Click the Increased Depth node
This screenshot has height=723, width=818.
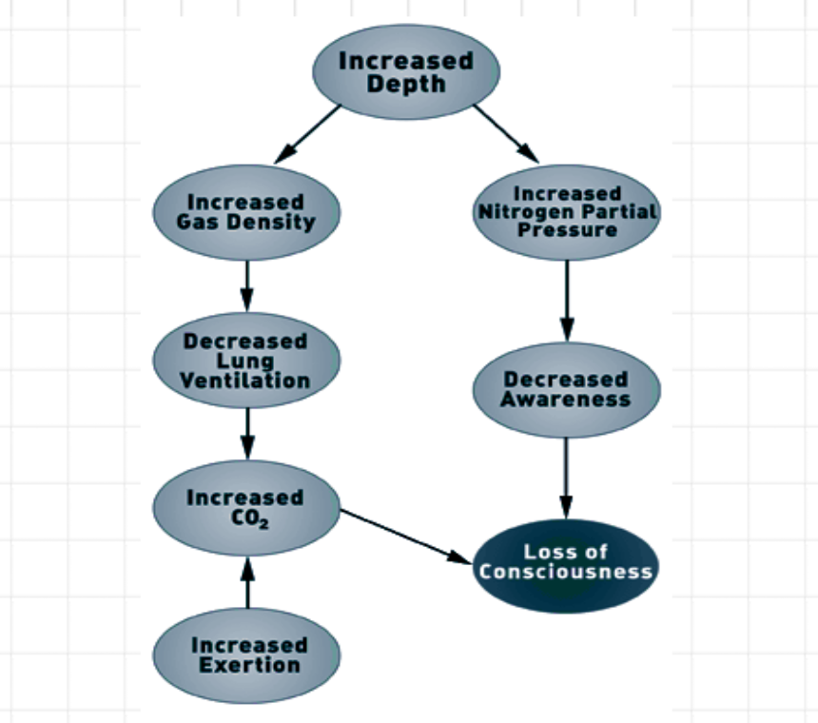[x=406, y=72]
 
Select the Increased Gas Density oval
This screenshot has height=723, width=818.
[x=246, y=211]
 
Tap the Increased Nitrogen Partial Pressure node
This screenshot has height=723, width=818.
[x=566, y=211]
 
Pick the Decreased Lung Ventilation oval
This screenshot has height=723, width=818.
[x=246, y=360]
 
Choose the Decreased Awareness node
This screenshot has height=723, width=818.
[x=566, y=389]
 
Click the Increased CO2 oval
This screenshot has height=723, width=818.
[x=246, y=507]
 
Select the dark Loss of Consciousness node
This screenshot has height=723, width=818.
[x=566, y=562]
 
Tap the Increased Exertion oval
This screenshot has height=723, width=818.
[x=246, y=655]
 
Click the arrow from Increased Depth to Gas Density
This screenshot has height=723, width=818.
[x=305, y=132]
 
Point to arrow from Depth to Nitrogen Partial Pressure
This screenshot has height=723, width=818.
[x=505, y=132]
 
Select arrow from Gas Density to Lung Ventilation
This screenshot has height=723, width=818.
[x=247, y=283]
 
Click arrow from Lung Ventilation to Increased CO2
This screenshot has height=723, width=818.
[x=247, y=433]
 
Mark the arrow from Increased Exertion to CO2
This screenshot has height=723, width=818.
[x=247, y=582]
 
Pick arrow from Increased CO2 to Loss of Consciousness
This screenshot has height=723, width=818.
[x=406, y=535]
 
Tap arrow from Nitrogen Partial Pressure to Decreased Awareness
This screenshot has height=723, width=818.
[x=567, y=300]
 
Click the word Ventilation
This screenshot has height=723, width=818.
[x=246, y=381]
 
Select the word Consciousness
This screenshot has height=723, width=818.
[x=566, y=572]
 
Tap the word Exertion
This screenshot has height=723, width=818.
[x=246, y=665]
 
